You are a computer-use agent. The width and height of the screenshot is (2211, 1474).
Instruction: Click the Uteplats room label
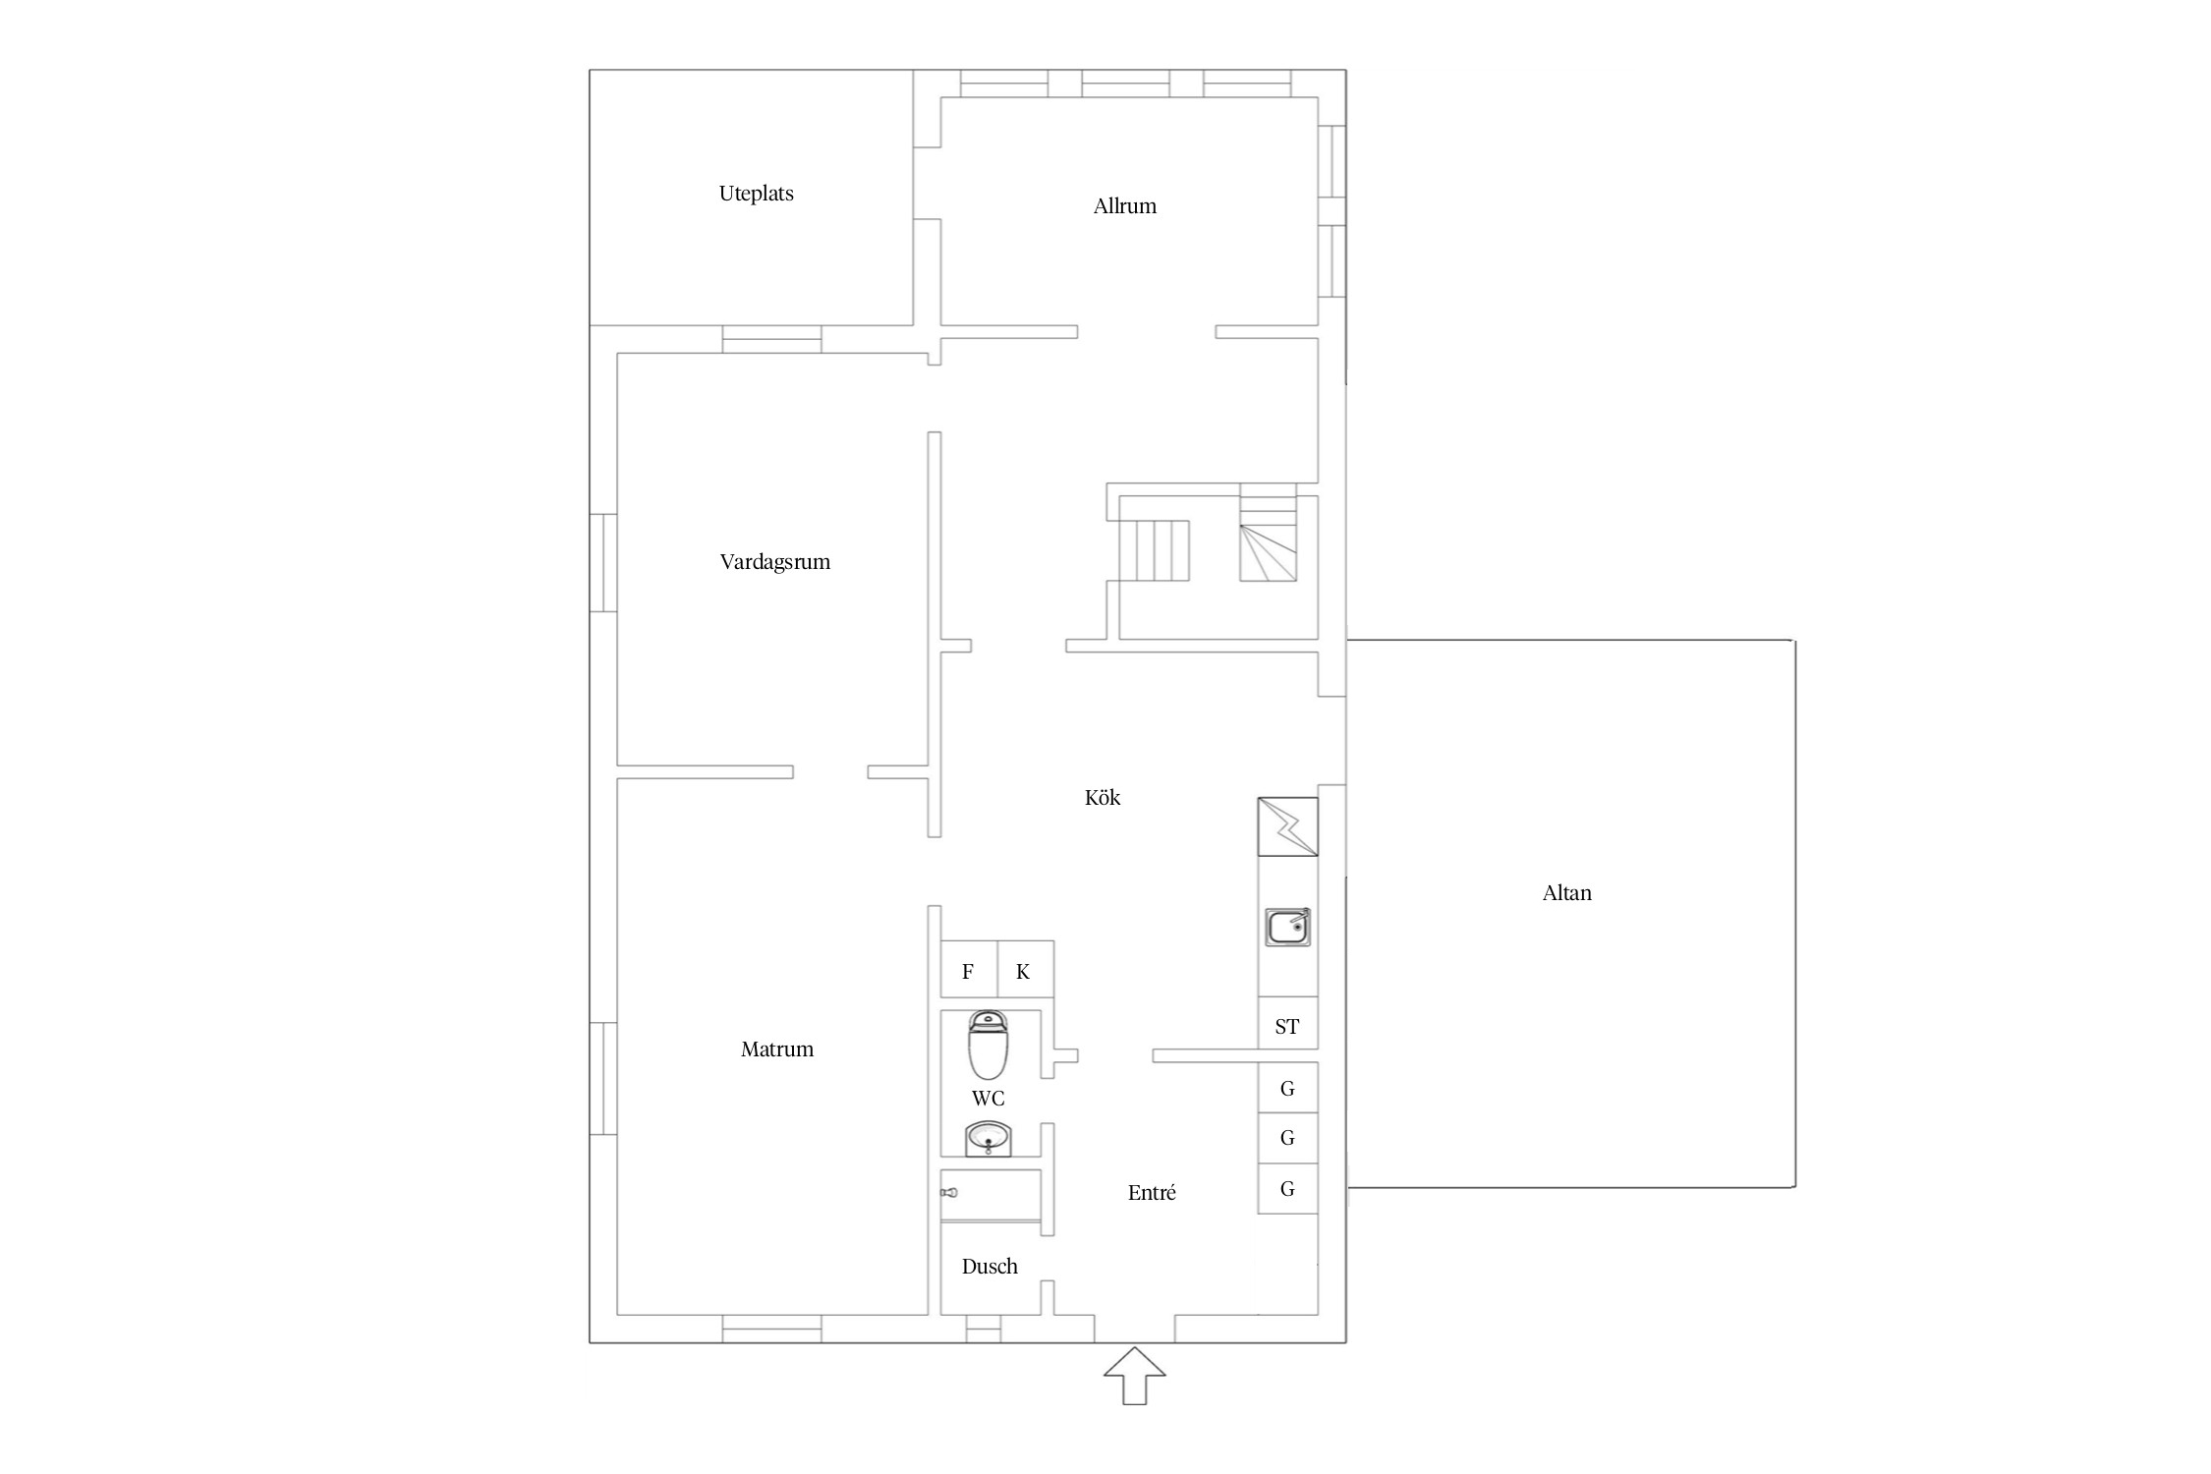point(756,194)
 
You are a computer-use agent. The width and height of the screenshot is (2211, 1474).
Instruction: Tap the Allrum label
point(1124,206)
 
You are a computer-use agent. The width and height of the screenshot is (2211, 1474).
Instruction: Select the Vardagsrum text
point(774,562)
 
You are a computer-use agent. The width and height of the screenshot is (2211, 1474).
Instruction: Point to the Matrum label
point(776,1049)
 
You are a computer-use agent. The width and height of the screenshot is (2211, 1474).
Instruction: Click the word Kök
point(1102,797)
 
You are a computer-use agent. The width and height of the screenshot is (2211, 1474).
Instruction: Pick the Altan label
point(1566,893)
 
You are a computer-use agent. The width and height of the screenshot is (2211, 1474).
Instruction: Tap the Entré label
point(1152,1193)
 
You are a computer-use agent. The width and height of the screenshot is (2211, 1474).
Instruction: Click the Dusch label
point(990,1267)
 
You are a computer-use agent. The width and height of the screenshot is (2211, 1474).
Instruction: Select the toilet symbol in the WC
point(988,1046)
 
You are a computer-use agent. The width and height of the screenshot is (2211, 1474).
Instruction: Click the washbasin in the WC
point(989,1140)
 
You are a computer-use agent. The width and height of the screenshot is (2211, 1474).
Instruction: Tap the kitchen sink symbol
point(1287,928)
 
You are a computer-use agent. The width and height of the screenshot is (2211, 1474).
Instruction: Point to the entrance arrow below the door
point(1135,1376)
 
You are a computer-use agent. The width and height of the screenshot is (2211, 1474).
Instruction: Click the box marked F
point(969,970)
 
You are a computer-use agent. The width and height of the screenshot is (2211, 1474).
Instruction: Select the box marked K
point(1026,970)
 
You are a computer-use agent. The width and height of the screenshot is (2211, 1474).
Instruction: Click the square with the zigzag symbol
point(1287,826)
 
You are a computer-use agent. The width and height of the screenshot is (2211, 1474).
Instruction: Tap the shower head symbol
point(948,1193)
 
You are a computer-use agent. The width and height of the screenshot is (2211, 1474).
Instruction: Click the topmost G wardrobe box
point(1287,1088)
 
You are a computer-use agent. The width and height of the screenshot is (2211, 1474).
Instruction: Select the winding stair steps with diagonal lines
point(1268,552)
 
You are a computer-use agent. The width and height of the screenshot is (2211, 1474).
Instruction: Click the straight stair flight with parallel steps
point(1162,551)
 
